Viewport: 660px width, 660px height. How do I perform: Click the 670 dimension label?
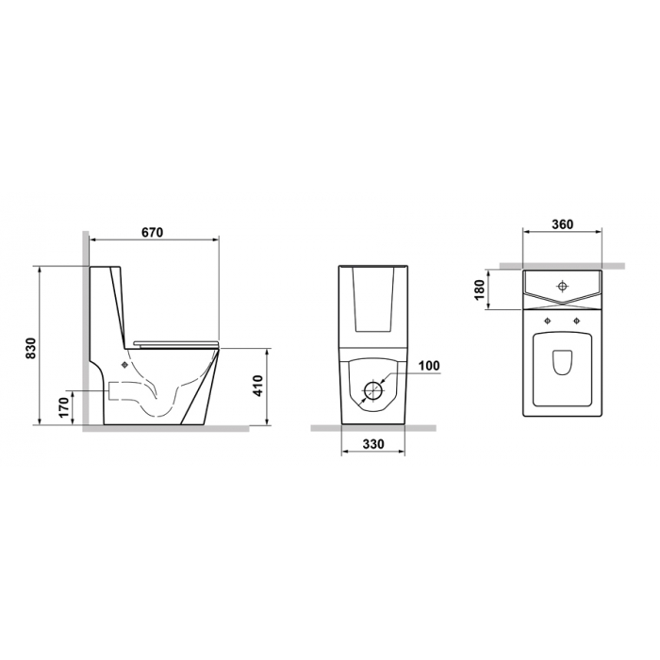pos(152,232)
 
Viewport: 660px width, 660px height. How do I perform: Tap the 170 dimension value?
pos(63,407)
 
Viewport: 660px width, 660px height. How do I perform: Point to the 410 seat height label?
pos(257,386)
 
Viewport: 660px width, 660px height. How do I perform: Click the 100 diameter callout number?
pos(429,366)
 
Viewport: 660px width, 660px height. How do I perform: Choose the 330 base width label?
pos(373,444)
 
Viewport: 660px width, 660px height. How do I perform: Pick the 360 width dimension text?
pos(562,224)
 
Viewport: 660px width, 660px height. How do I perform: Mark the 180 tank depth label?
pos(479,289)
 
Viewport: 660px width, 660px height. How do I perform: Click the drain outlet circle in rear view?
pos(373,390)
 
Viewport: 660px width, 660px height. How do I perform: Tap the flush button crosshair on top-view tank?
pos(562,287)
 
